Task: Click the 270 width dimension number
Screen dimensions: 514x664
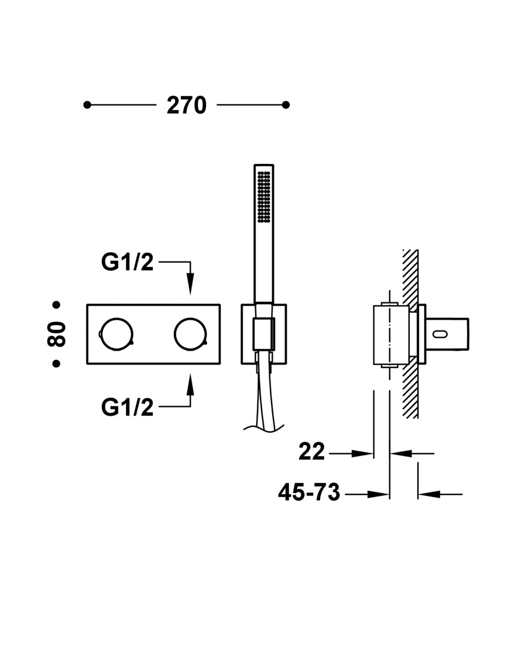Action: [186, 106]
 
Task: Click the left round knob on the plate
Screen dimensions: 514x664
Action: [116, 334]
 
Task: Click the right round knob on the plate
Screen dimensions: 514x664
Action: [190, 334]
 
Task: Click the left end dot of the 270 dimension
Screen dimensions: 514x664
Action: [87, 105]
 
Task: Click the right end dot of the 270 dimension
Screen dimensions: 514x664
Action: [286, 105]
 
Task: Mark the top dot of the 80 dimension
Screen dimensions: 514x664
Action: [56, 304]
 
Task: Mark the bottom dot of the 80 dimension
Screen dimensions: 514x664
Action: [56, 363]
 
